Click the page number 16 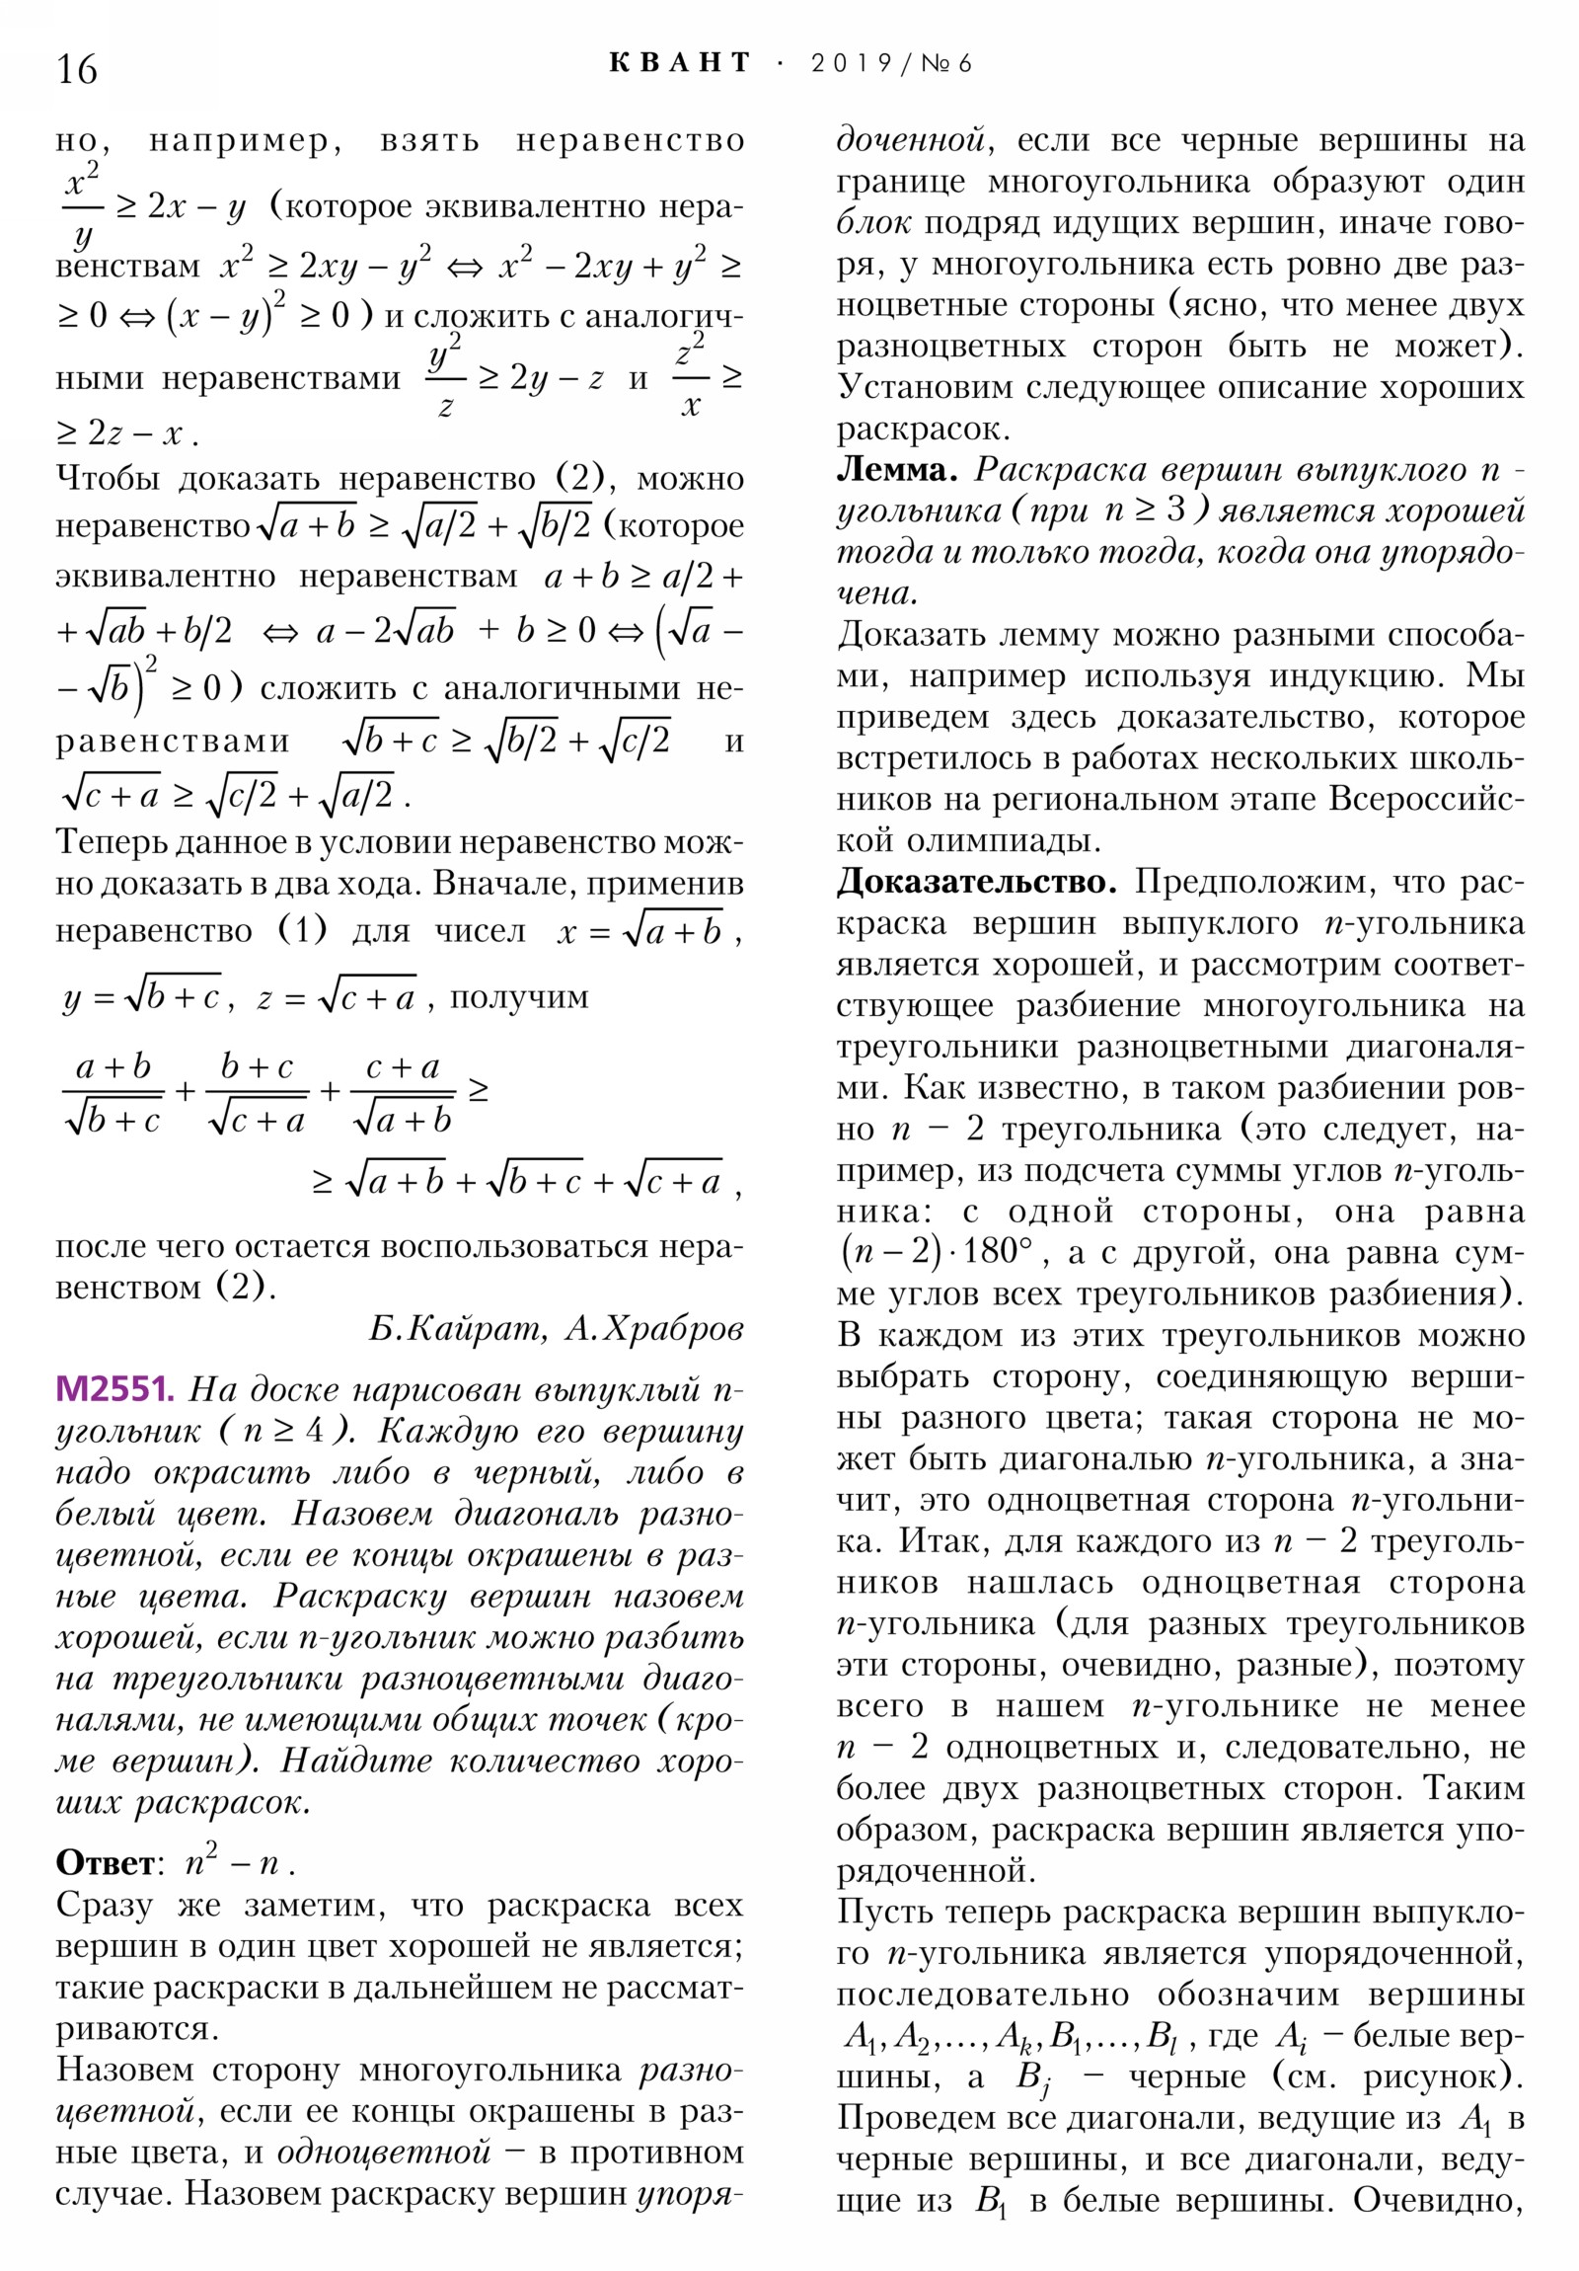tap(76, 70)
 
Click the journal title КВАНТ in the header tap(680, 63)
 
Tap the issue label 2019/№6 tap(891, 64)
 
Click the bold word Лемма tap(896, 470)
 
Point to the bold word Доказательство tap(976, 882)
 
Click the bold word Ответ tap(105, 1862)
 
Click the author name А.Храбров tap(653, 1328)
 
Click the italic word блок tap(873, 222)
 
